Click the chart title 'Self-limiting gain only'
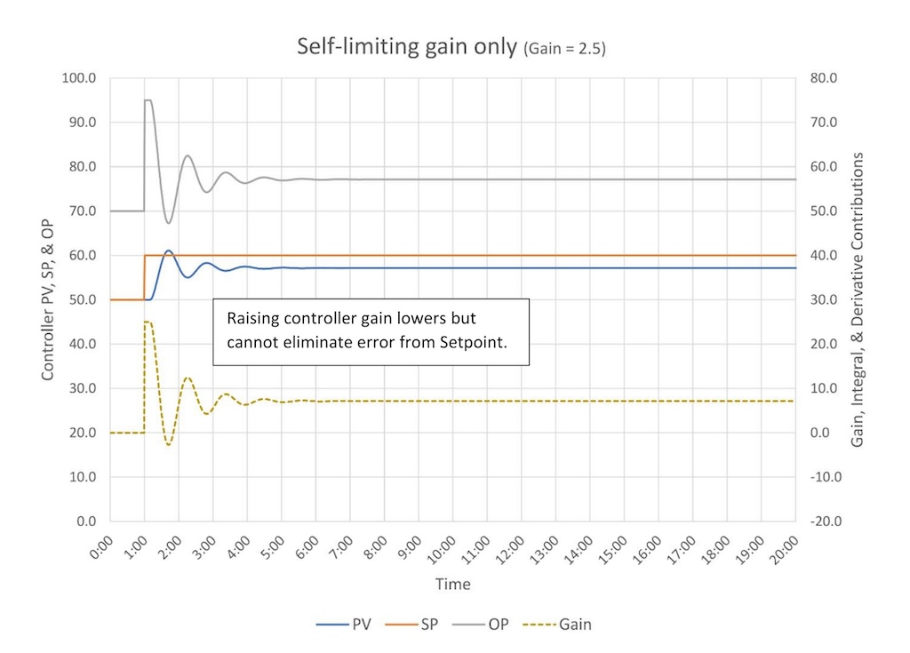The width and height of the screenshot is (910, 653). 406,47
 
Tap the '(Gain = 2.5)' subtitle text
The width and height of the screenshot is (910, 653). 563,50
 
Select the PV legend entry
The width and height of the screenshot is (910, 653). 348,624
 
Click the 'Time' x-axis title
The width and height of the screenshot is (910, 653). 452,584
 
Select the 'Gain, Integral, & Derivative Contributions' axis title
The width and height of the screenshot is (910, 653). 858,299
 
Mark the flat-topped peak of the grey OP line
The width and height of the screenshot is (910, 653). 148,100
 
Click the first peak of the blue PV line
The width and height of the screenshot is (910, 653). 168,251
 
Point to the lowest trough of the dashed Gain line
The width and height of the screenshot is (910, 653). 168,444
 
